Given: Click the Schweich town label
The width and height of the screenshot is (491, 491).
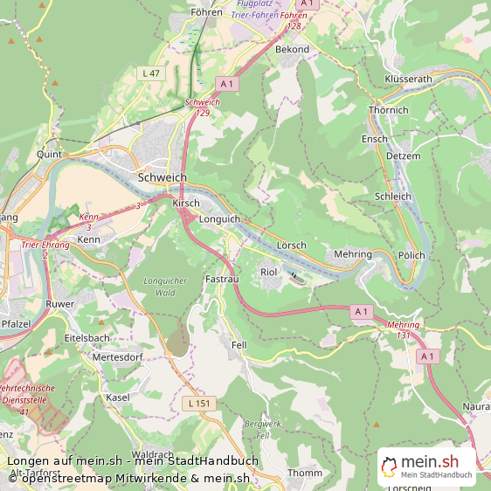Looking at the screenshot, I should click(163, 177).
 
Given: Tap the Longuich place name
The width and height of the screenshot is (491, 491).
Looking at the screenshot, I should click(219, 219).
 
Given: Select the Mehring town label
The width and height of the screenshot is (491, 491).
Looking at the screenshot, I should click(353, 254).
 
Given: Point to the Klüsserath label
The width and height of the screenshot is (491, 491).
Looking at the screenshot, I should click(408, 79).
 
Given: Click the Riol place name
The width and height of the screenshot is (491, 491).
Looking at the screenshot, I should click(269, 273).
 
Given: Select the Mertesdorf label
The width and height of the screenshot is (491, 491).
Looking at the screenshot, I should click(117, 357).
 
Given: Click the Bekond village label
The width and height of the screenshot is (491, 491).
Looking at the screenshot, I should click(292, 50).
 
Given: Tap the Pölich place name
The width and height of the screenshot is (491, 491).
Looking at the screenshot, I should click(411, 255).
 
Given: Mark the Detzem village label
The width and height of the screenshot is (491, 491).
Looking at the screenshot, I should click(403, 156).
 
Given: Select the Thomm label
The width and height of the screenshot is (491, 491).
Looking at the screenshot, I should click(305, 473).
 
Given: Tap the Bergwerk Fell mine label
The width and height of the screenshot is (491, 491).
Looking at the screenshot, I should click(263, 429).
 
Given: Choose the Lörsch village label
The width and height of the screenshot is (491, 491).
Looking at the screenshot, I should click(291, 245).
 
